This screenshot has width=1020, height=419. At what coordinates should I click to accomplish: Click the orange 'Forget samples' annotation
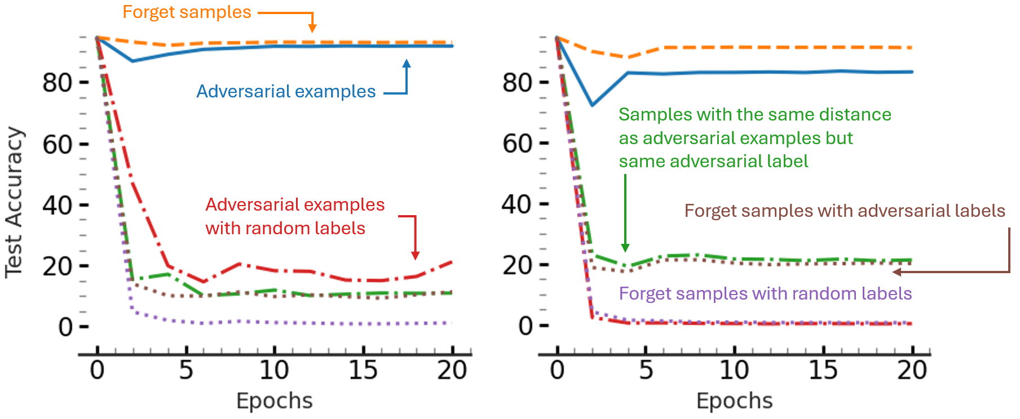pyautogui.click(x=187, y=12)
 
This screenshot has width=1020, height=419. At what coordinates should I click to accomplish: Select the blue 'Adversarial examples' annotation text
pyautogui.click(x=286, y=91)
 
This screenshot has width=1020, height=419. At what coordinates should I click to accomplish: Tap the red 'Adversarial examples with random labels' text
pyautogui.click(x=294, y=216)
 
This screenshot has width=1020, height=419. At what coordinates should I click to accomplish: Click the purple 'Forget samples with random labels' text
pyautogui.click(x=765, y=293)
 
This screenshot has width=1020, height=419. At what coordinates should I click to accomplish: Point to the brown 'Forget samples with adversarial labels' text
pyautogui.click(x=845, y=211)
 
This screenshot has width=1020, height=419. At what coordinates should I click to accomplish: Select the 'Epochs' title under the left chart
pyautogui.click(x=274, y=401)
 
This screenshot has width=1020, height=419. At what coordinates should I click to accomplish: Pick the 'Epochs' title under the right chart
pyautogui.click(x=734, y=401)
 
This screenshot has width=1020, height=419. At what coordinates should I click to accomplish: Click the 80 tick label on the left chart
pyautogui.click(x=57, y=83)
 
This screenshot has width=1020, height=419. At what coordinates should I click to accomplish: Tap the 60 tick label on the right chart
pyautogui.click(x=518, y=144)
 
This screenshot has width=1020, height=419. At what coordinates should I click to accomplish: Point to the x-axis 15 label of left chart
pyautogui.click(x=363, y=371)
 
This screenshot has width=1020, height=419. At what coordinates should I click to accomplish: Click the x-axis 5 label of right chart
pyautogui.click(x=646, y=371)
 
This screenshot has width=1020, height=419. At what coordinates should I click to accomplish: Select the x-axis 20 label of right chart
pyautogui.click(x=912, y=371)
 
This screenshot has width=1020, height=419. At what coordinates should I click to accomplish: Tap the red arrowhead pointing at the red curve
pyautogui.click(x=415, y=256)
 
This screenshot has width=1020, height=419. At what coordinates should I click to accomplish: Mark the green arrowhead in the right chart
pyautogui.click(x=625, y=248)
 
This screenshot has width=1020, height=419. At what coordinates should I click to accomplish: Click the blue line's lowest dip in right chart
pyautogui.click(x=593, y=105)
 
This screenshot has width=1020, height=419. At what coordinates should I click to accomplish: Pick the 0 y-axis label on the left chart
pyautogui.click(x=65, y=327)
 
